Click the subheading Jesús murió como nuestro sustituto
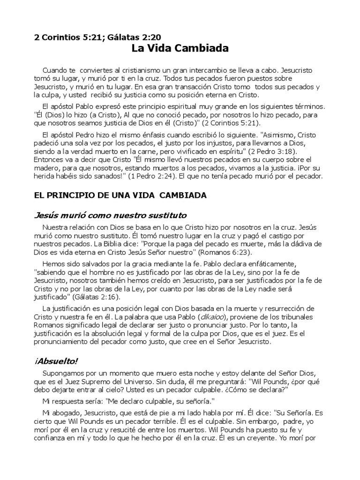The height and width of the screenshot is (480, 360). (104, 215)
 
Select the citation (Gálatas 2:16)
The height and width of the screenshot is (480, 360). (97, 298)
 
